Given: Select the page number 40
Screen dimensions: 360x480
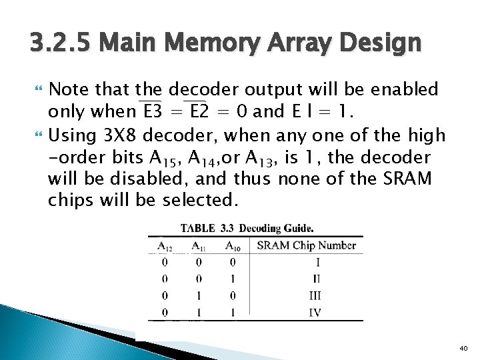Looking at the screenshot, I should click(x=464, y=348).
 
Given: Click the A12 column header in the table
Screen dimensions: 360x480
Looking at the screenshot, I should click(x=165, y=245).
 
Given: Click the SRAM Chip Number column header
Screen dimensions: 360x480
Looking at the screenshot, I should click(x=306, y=245).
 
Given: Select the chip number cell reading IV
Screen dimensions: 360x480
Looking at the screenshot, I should click(x=316, y=312).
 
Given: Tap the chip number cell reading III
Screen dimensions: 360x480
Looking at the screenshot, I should click(x=316, y=295).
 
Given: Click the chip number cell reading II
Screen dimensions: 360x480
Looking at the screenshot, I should click(x=316, y=279).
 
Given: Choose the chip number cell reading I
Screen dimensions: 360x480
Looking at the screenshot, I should click(x=317, y=262).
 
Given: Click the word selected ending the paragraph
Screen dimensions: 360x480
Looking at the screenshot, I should click(x=197, y=200).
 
